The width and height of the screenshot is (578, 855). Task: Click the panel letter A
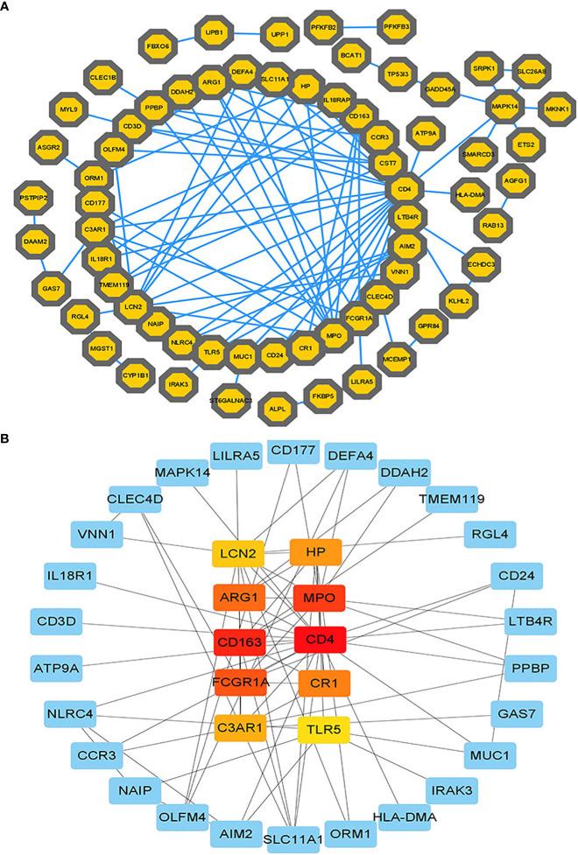pyautogui.click(x=7, y=7)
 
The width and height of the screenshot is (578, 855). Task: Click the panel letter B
pyautogui.click(x=7, y=434)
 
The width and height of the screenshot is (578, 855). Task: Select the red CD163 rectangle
pyautogui.click(x=240, y=641)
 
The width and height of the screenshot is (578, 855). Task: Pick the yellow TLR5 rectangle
pyautogui.click(x=320, y=725)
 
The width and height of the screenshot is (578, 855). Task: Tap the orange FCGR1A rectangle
pyautogui.click(x=240, y=682)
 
